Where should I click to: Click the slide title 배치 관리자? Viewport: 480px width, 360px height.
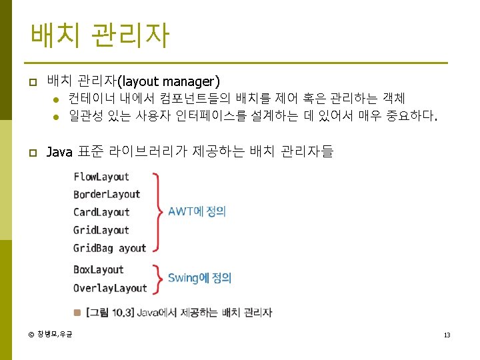(x=99, y=35)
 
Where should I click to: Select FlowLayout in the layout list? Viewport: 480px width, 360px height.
(x=101, y=177)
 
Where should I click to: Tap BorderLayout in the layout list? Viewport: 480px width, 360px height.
(x=107, y=195)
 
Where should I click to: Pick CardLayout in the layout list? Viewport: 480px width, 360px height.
(x=101, y=213)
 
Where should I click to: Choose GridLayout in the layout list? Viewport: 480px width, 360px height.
(x=101, y=231)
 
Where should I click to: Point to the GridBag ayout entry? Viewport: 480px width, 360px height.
(x=110, y=248)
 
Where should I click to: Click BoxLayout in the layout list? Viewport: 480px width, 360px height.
(x=99, y=270)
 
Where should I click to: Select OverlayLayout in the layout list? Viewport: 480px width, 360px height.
(x=110, y=288)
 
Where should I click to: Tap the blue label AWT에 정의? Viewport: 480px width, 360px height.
(x=197, y=211)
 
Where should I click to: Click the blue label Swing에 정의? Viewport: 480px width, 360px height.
(x=199, y=278)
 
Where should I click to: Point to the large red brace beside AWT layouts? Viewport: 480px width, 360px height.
(x=158, y=212)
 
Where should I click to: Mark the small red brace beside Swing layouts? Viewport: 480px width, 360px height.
(x=157, y=279)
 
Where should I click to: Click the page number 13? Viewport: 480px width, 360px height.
(x=447, y=335)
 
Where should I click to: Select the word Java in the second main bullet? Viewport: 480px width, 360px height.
(x=59, y=152)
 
